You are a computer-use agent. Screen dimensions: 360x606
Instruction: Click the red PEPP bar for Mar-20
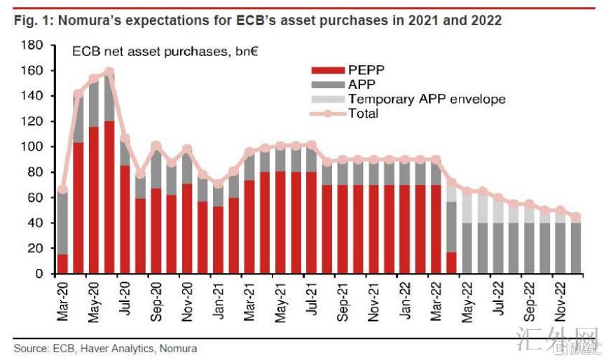(63, 264)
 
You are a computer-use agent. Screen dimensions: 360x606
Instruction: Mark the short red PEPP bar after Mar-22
(451, 263)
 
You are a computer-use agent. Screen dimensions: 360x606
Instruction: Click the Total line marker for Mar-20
(63, 189)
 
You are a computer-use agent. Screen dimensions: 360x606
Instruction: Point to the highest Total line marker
(109, 72)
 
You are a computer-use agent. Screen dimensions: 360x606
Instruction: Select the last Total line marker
(575, 217)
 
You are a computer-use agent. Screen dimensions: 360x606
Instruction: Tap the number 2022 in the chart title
(486, 20)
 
